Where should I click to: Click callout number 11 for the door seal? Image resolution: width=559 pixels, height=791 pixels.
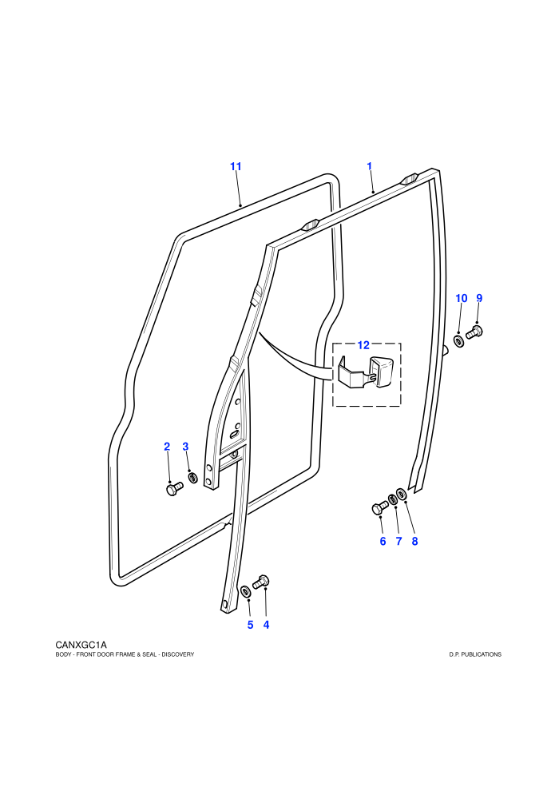point(236,166)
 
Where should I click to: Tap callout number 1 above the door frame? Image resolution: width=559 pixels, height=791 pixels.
point(370,166)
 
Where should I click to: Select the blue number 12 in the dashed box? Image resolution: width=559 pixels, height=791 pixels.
point(363,345)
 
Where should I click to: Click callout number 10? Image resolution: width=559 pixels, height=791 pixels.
point(462,298)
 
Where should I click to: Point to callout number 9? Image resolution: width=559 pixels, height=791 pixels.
point(479,298)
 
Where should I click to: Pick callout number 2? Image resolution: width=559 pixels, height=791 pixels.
point(167,447)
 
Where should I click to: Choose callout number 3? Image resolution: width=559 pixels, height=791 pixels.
point(185,447)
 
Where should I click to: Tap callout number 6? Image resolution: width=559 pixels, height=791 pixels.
point(383,541)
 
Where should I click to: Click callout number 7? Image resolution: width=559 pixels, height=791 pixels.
point(398,541)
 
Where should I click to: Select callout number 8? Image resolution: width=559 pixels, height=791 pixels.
point(414,541)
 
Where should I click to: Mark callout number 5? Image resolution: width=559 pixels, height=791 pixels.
point(250,625)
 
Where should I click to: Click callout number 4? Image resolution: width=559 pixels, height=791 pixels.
point(266,625)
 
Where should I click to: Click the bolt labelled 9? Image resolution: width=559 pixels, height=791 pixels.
point(474,332)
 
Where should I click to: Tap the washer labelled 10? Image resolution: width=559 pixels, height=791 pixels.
point(459,341)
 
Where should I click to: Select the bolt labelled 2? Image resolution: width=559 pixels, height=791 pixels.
point(174,488)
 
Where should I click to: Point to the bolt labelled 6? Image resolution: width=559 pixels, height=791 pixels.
point(379,507)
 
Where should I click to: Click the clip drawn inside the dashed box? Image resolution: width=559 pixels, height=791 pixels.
point(367,372)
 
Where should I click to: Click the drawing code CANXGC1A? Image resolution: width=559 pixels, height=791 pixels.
point(81,645)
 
